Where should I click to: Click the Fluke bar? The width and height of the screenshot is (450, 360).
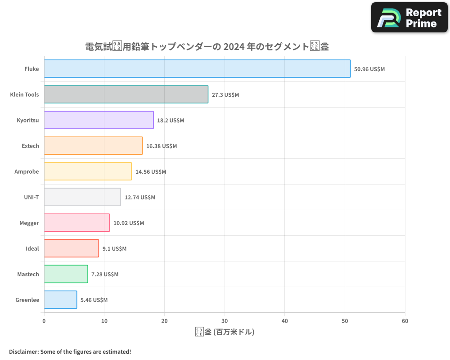(197, 69)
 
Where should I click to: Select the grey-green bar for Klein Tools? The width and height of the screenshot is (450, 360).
(126, 94)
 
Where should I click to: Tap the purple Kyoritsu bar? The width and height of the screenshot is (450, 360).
(99, 120)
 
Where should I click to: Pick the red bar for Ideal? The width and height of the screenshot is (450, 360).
(71, 248)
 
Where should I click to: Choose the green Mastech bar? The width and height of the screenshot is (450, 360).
(66, 274)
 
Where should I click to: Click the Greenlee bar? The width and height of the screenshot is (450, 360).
(60, 300)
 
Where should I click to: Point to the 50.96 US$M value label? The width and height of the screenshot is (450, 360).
(369, 69)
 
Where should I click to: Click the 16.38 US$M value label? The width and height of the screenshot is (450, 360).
(162, 146)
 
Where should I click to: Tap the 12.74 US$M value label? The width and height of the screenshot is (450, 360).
(139, 198)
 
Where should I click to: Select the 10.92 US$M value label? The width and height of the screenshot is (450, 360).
(129, 223)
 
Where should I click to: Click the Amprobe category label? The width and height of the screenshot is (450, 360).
(27, 172)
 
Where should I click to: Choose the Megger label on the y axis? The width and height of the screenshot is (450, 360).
(29, 223)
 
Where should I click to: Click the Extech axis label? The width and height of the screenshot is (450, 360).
(30, 146)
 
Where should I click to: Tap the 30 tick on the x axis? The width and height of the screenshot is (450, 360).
(225, 321)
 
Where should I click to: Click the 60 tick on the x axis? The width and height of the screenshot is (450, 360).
(405, 321)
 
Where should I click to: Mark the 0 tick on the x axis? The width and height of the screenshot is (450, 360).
(44, 321)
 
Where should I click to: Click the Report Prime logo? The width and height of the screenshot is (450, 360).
(409, 18)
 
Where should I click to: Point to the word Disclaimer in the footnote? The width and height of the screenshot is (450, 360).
(23, 352)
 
